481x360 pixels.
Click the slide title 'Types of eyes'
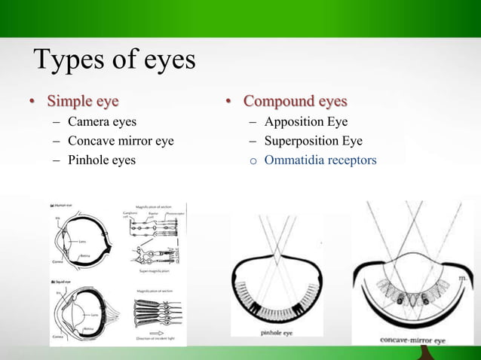[114, 60]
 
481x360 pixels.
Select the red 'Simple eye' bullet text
[82, 101]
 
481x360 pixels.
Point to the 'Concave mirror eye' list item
[121, 141]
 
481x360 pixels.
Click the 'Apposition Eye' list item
[305, 121]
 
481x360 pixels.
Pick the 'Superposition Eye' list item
[313, 141]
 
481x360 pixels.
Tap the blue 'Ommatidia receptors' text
[320, 160]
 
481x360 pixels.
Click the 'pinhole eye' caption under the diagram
[277, 331]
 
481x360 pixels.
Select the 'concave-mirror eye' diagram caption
[415, 340]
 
